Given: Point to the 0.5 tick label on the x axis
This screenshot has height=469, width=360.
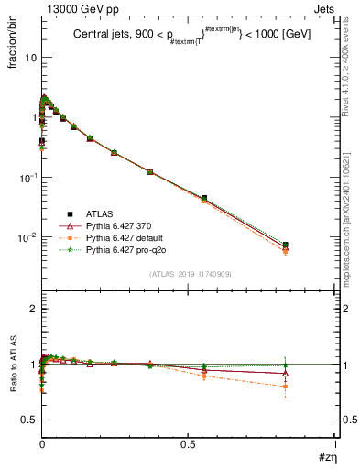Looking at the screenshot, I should pyautogui.click(x=189, y=443).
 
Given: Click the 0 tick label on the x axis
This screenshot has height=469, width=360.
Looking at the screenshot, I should pyautogui.click(x=42, y=443).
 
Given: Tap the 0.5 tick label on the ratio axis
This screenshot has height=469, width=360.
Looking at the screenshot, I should pyautogui.click(x=28, y=420).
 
